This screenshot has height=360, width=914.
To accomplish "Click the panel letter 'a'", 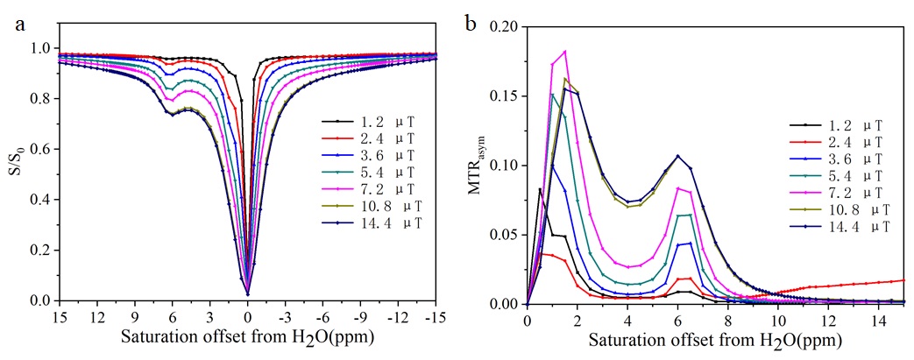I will (x=19, y=24).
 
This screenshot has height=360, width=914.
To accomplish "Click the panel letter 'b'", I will (x=471, y=24).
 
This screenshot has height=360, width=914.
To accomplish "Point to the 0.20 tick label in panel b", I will (x=506, y=27).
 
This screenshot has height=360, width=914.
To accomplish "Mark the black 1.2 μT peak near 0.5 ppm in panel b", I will (x=540, y=189).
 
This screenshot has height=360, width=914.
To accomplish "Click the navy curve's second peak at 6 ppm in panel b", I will (x=677, y=156).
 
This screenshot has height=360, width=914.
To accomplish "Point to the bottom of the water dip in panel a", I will (x=248, y=293).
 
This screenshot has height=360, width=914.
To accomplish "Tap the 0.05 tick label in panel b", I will (x=506, y=235).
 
